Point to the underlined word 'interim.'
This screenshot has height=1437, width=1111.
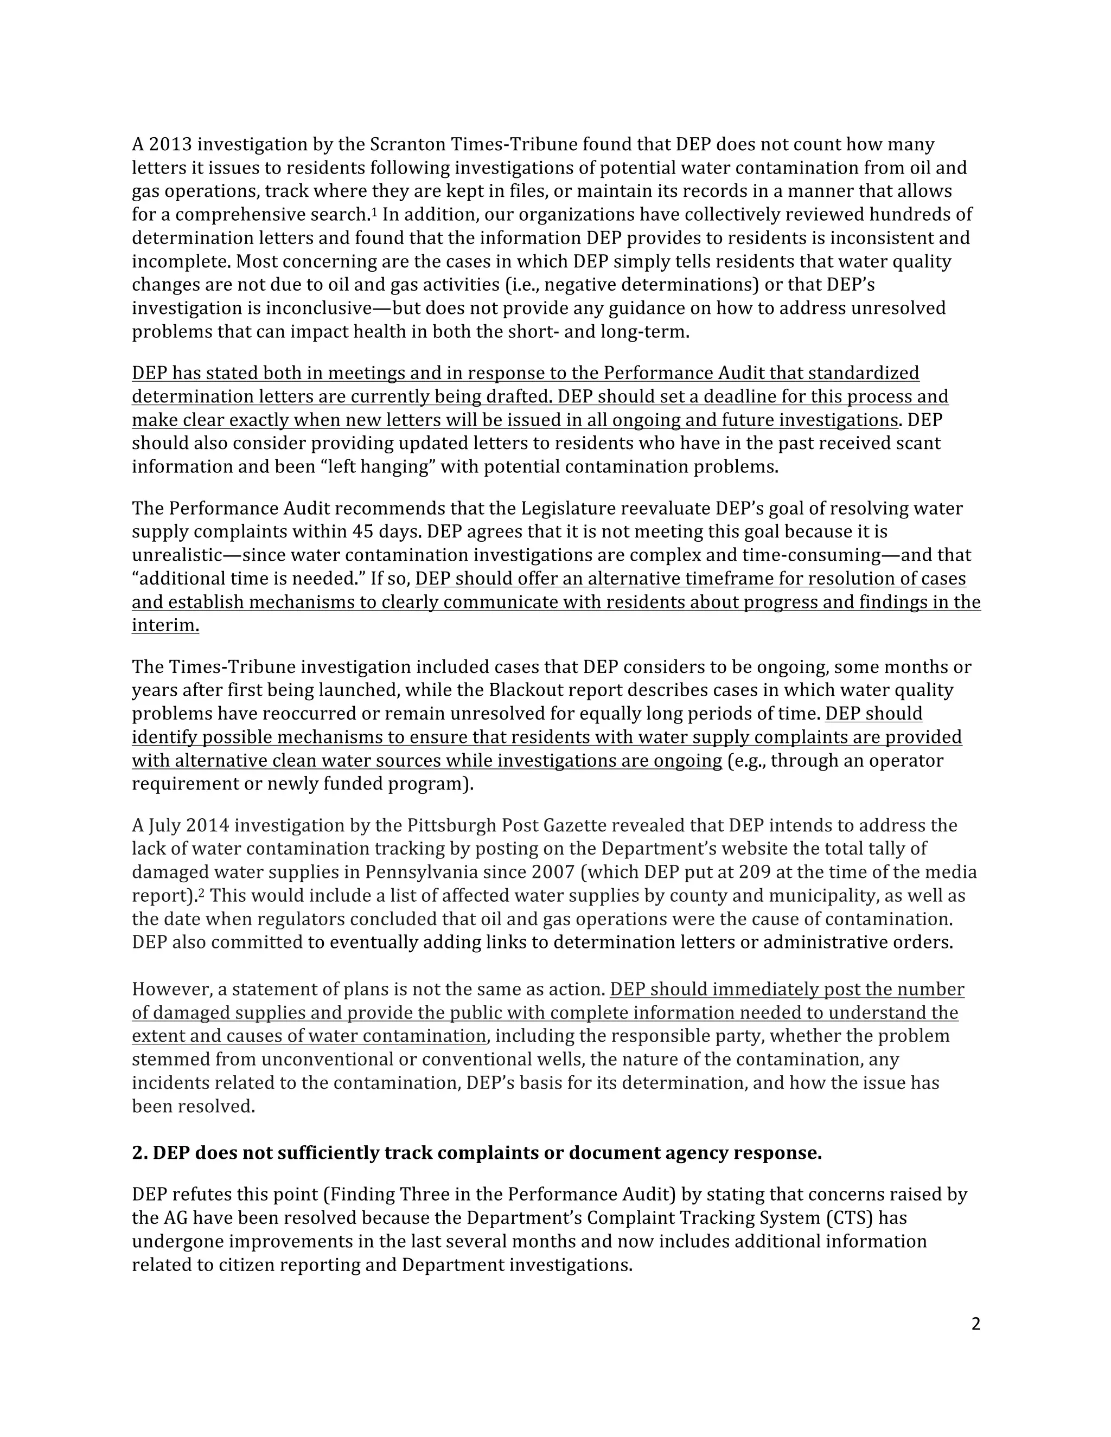point(165,626)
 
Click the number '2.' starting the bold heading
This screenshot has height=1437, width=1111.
point(139,1153)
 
